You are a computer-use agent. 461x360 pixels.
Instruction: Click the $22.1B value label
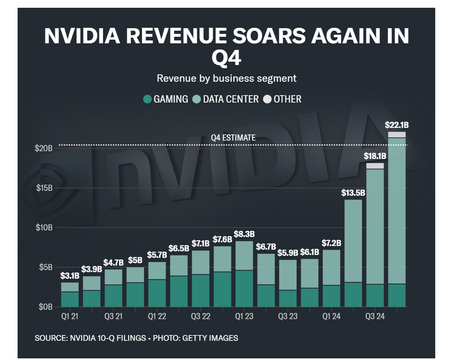pos(396,125)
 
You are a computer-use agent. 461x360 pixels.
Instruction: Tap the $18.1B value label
pos(375,156)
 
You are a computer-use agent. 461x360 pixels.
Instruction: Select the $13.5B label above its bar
pos(353,192)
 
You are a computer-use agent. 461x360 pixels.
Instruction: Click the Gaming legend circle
pos(147,99)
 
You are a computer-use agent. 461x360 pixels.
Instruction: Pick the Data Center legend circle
pos(197,99)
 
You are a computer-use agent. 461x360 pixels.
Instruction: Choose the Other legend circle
pos(268,99)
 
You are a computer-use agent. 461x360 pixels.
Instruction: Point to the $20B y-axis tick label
pos(43,148)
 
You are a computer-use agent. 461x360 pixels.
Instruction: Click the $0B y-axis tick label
pos(45,306)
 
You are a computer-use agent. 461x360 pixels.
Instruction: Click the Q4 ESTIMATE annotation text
pos(233,138)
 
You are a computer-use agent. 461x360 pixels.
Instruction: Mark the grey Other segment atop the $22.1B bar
pos(397,135)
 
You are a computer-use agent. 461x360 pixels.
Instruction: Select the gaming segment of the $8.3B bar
pos(244,288)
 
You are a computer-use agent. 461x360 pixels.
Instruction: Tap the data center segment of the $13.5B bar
pos(353,241)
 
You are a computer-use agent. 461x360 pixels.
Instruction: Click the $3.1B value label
pos(70,275)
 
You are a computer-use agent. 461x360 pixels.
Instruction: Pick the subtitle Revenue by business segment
pos(227,78)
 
